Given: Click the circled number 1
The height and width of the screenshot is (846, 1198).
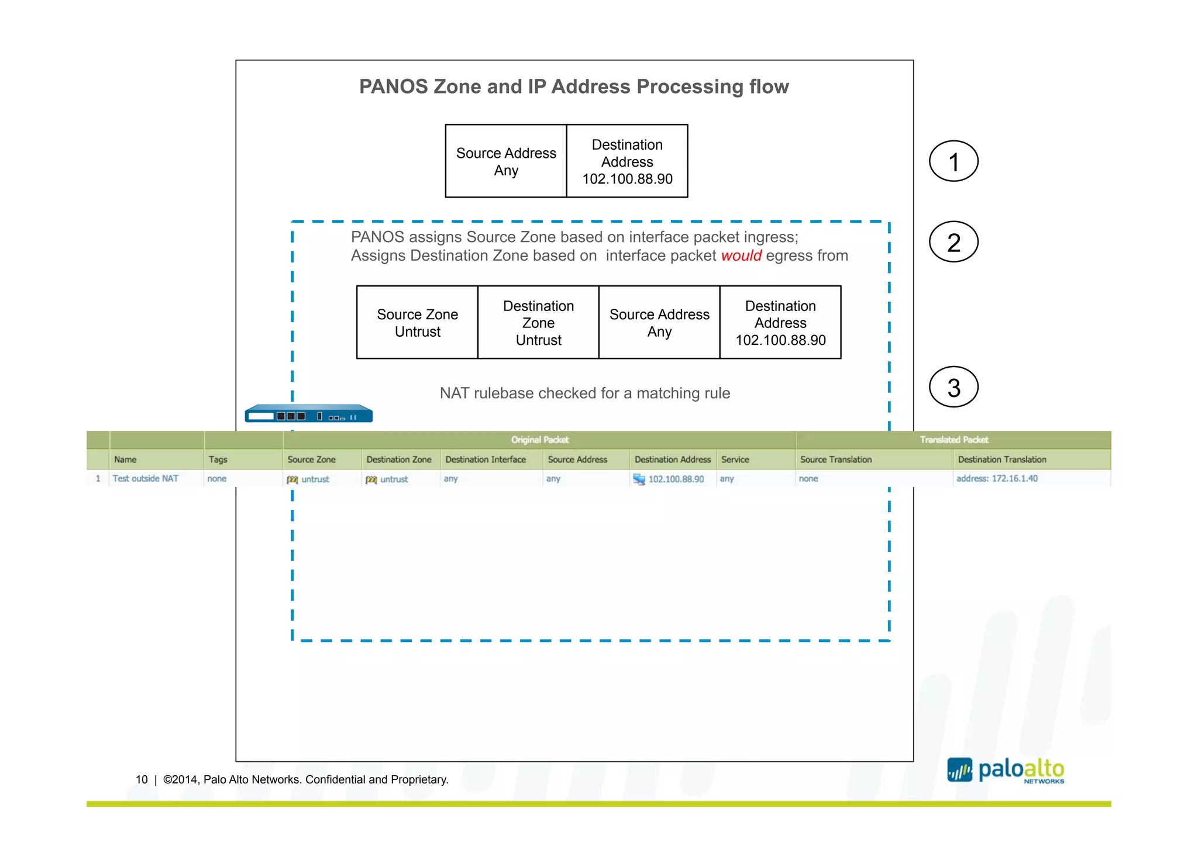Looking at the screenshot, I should (953, 161).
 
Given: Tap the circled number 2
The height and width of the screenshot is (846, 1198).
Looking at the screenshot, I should (953, 242).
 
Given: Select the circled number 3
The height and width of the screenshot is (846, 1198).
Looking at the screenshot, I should (953, 387).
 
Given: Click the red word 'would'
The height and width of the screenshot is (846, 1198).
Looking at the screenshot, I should (741, 256).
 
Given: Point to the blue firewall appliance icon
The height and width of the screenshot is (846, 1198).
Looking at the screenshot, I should (308, 413).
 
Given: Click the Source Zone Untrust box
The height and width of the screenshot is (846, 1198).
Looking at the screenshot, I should (417, 323).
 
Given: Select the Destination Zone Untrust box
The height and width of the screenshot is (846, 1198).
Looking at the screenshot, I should (538, 323).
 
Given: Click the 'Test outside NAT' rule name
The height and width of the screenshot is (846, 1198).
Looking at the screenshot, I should (146, 478).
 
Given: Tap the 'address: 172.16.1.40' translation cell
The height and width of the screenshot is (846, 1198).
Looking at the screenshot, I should (996, 478).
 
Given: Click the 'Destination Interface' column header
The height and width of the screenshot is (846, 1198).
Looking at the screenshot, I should (485, 460).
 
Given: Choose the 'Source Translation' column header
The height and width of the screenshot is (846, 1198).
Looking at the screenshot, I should (835, 460).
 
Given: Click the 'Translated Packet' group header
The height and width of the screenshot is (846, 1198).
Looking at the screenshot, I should (953, 440).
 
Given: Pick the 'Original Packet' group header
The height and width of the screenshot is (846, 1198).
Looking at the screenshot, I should (539, 440).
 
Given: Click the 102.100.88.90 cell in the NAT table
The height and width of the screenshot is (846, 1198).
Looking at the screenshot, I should (676, 479).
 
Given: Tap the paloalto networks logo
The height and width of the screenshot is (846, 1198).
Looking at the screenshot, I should (1006, 771).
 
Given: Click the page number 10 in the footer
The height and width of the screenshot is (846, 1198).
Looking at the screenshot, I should (142, 779).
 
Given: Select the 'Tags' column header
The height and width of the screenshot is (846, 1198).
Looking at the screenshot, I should (218, 460).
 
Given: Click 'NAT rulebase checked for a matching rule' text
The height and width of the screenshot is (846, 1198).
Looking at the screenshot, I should (584, 393).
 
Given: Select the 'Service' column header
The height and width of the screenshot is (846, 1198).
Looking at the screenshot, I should (735, 460).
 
